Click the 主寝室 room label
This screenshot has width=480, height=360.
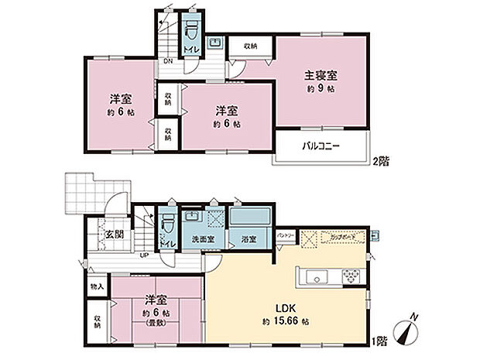[321, 76]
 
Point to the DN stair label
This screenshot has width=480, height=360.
[167, 61]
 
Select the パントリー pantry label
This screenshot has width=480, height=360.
[285, 233]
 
